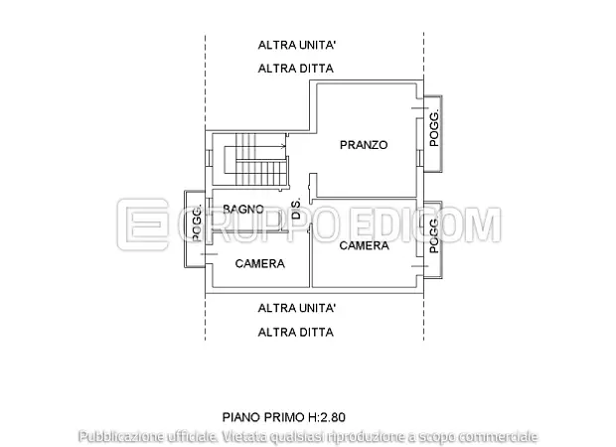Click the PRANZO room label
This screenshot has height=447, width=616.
(363, 145)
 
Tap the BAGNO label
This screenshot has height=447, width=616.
(242, 209)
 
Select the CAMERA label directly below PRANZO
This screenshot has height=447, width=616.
(363, 245)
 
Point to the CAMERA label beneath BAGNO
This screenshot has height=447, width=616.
(259, 264)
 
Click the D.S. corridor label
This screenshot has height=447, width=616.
(296, 209)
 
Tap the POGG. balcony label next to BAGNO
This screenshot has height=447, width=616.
(197, 223)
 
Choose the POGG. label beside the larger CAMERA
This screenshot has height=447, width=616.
(433, 236)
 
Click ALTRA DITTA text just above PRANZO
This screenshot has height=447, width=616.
(295, 69)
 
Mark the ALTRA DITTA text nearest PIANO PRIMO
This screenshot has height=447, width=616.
(295, 332)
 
